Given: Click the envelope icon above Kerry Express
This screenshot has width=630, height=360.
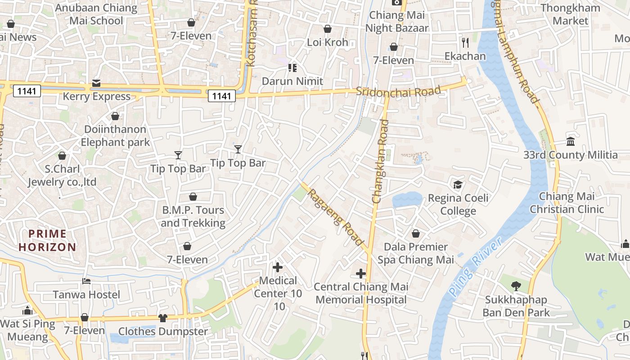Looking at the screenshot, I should point(96,83).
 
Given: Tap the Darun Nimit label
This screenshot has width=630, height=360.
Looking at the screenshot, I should point(292,81).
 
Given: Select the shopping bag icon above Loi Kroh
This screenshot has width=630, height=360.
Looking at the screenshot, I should point(328,29).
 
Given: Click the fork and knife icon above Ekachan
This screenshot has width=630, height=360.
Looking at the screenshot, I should point(465,43).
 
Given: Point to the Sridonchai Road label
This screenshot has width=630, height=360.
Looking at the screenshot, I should point(398,91).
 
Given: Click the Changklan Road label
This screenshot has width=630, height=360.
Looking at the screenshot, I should point(380,161).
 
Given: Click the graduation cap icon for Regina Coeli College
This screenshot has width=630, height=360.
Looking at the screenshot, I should point(458,184).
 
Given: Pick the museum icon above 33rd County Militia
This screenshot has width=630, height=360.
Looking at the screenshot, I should point(571,142).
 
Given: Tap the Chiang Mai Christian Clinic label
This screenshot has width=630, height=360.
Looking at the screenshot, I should point(567,202).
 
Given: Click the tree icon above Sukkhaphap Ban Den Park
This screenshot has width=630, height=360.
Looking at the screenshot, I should point(516,286).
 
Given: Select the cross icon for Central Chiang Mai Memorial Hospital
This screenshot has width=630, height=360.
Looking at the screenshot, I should point(361,273).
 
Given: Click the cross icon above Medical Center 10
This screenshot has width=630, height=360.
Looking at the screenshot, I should point(278,267).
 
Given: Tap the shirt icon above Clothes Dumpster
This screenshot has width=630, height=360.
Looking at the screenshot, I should point(163,318).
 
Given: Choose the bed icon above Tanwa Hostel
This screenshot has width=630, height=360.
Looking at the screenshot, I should point(86,281).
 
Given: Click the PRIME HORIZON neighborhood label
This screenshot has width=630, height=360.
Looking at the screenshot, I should point(47,240).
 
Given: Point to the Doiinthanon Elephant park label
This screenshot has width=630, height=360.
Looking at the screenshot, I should point(115,135).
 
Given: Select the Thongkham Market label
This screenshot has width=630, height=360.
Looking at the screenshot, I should point(571,14).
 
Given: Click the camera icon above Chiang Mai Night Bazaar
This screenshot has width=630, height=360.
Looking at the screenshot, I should point(396,2).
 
